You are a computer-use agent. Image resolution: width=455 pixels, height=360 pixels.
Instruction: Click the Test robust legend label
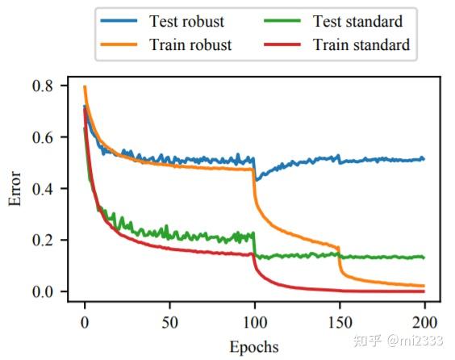coord(186,21)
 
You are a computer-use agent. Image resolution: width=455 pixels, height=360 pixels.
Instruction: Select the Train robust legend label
coord(190,45)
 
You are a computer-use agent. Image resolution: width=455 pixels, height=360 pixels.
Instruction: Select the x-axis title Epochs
coord(253,347)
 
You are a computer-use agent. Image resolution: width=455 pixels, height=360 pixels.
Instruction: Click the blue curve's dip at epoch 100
coord(256,177)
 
